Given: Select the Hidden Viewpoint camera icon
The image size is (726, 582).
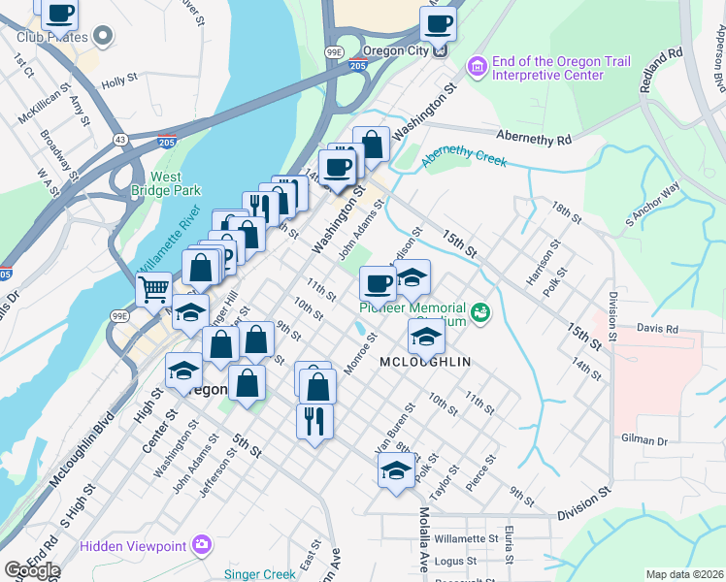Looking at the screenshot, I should click(202, 545).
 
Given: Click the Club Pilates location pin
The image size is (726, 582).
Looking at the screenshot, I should click(104, 38).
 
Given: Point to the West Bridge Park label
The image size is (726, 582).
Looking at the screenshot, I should click(166, 184).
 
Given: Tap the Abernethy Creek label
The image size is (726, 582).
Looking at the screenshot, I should click(465, 155).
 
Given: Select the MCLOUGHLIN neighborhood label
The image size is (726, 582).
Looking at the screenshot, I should click(426, 362).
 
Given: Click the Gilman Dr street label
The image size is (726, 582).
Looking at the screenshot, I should click(648, 441).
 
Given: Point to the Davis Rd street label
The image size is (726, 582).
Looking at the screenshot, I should click(658, 329).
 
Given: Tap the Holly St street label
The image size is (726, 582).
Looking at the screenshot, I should click(119, 82).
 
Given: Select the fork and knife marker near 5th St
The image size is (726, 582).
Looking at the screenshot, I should click(314, 421).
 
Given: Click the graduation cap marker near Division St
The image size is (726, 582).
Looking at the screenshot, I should click(395, 472).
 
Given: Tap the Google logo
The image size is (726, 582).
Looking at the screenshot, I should click(32, 570).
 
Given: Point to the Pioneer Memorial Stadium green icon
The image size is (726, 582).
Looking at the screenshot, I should click(480, 313).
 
